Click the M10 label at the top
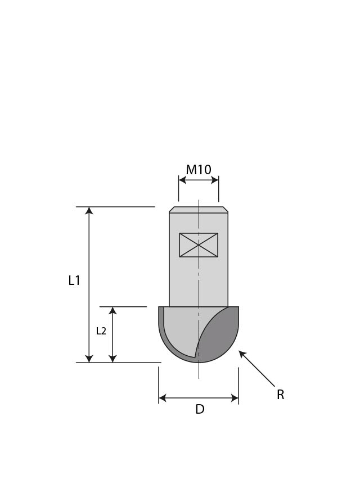click(199, 169)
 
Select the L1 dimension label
click(74, 280)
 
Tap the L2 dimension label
click(101, 331)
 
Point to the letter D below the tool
click(200, 410)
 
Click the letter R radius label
click(280, 395)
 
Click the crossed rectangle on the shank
click(199, 245)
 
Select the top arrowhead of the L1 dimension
click(89, 211)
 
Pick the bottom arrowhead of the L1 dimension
click(89, 359)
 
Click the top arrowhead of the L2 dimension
click(112, 311)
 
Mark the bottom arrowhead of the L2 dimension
click(112, 359)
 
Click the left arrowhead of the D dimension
click(163, 399)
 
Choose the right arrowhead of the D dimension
click(235, 399)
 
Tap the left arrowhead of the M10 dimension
click(182, 180)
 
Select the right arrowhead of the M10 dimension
click(215, 180)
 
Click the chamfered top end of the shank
click(199, 210)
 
